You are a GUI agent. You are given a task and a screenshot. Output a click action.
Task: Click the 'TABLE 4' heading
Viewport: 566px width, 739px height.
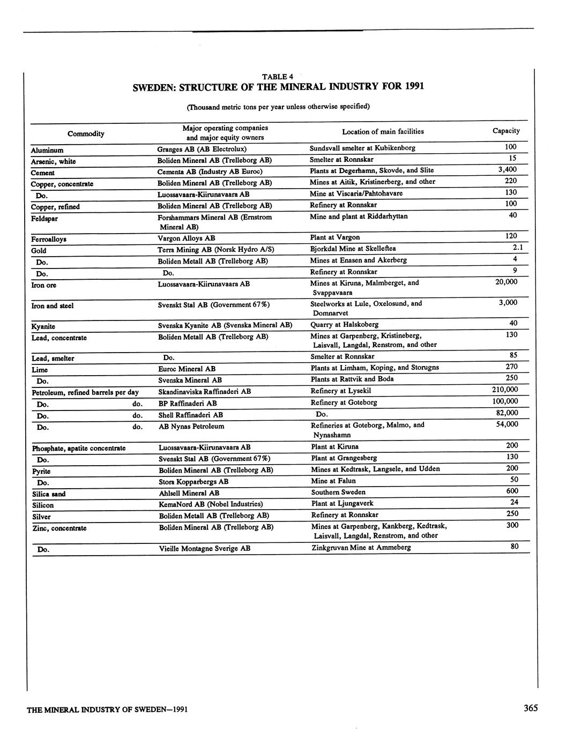click(x=277, y=77)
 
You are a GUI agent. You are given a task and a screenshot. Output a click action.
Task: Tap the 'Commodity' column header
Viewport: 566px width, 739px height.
click(x=86, y=133)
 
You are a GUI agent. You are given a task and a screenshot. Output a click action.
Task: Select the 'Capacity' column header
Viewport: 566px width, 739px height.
click(x=505, y=131)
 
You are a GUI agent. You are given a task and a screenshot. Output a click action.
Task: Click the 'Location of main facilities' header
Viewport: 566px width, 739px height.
click(x=383, y=131)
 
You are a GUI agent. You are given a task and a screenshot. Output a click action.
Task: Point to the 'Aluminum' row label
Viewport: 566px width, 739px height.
click(x=47, y=151)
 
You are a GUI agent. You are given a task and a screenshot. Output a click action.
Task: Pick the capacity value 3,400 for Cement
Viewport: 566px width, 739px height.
click(x=507, y=170)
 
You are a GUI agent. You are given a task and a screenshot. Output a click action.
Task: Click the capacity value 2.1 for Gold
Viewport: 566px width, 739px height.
click(x=517, y=248)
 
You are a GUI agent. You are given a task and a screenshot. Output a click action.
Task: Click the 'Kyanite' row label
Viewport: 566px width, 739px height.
click(x=43, y=326)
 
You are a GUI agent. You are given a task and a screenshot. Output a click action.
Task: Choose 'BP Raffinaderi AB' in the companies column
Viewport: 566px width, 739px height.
click(x=188, y=403)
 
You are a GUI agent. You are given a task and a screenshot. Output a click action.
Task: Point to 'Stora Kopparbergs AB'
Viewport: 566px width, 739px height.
click(x=193, y=481)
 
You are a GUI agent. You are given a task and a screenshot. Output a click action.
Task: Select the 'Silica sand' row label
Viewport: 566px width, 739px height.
click(x=49, y=494)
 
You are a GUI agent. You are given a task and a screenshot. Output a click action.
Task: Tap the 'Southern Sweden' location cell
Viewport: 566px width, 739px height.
click(x=338, y=492)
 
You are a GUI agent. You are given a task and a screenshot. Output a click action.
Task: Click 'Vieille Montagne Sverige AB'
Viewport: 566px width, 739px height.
click(x=205, y=549)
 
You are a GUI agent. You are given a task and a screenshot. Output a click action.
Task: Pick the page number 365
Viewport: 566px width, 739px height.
click(x=531, y=708)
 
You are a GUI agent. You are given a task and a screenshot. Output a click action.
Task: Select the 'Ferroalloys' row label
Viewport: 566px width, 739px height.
click(x=49, y=239)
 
